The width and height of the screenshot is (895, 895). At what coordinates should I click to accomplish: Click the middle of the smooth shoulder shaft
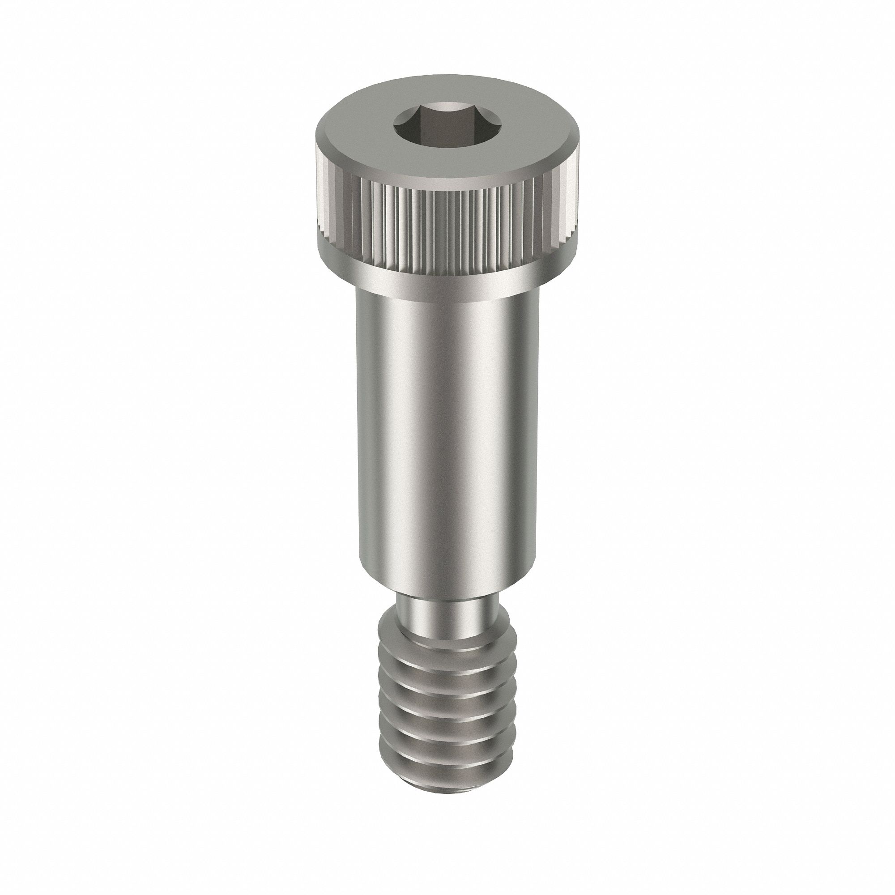tap(447, 431)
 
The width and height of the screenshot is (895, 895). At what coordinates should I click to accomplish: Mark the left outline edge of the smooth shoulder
tap(358, 431)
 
